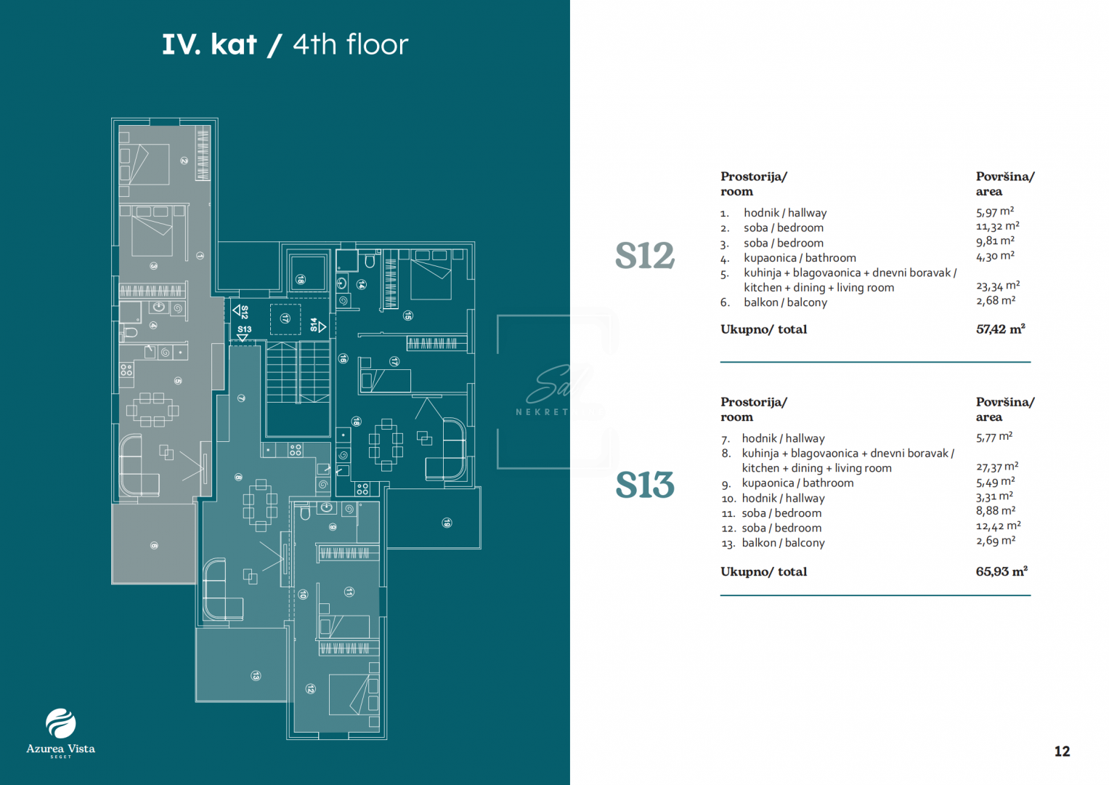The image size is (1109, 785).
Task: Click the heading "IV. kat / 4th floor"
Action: click(285, 44)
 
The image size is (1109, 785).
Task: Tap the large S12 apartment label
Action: click(645, 256)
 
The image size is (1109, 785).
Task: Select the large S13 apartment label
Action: click(645, 485)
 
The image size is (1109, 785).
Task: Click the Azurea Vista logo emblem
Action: click(60, 723)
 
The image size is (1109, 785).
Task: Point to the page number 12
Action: click(1062, 752)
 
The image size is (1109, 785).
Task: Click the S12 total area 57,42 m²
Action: click(1000, 329)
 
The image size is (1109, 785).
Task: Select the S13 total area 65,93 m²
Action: click(1002, 571)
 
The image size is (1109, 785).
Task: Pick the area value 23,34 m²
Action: click(997, 286)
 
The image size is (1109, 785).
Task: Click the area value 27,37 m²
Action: click(996, 467)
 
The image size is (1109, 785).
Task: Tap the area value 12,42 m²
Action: click(998, 526)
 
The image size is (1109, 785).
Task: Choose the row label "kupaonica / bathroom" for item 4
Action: click(800, 258)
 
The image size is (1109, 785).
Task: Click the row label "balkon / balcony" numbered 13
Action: click(783, 543)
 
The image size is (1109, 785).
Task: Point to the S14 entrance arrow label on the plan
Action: click(317, 326)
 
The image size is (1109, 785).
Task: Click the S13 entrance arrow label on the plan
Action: click(244, 332)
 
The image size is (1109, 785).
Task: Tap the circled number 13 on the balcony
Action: click(256, 676)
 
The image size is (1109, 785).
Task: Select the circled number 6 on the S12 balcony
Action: click(154, 545)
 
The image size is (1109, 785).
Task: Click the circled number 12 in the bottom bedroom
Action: click(311, 688)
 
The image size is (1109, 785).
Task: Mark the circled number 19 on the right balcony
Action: click(447, 523)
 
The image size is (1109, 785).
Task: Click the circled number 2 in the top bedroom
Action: click(184, 161)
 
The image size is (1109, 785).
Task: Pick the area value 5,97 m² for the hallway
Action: click(994, 212)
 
